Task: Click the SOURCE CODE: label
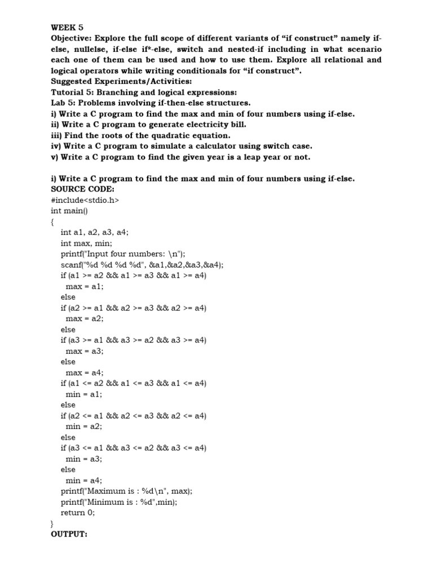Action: tap(75, 189)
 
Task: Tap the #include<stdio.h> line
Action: tap(85, 200)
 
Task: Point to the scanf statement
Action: tap(142, 265)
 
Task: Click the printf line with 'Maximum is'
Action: tap(126, 491)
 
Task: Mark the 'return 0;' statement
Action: tap(78, 513)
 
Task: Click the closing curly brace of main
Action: tap(52, 523)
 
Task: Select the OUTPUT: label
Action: tap(69, 534)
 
